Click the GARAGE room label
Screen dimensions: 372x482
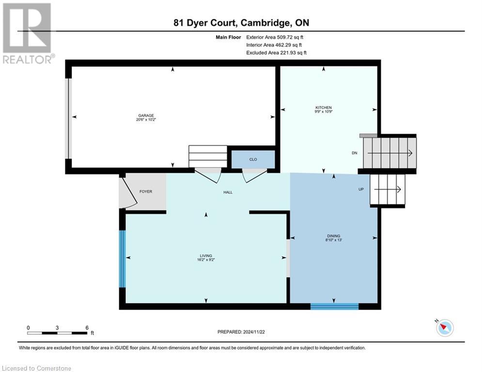pyautogui.click(x=146, y=116)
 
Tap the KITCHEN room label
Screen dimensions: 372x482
pyautogui.click(x=324, y=108)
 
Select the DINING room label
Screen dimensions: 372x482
pyautogui.click(x=333, y=236)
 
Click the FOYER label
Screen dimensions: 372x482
pyautogui.click(x=146, y=191)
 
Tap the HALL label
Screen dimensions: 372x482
pyautogui.click(x=228, y=192)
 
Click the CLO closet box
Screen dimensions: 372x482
pyautogui.click(x=253, y=159)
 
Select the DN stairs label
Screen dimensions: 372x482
pyautogui.click(x=355, y=153)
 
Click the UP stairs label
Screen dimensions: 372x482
pyautogui.click(x=361, y=189)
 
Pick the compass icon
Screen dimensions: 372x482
pyautogui.click(x=444, y=328)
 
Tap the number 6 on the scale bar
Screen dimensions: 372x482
pyautogui.click(x=87, y=327)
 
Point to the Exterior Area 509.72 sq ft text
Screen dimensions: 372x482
pyautogui.click(x=275, y=37)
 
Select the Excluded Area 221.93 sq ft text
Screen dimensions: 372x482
pyautogui.click(x=276, y=52)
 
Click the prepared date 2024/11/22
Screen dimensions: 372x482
pyautogui.click(x=240, y=332)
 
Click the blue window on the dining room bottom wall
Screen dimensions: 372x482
pyautogui.click(x=334, y=306)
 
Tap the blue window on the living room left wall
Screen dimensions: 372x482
pyautogui.click(x=123, y=259)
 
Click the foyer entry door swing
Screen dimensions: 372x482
pyautogui.click(x=129, y=192)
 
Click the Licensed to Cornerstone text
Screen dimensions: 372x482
pyautogui.click(x=36, y=369)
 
